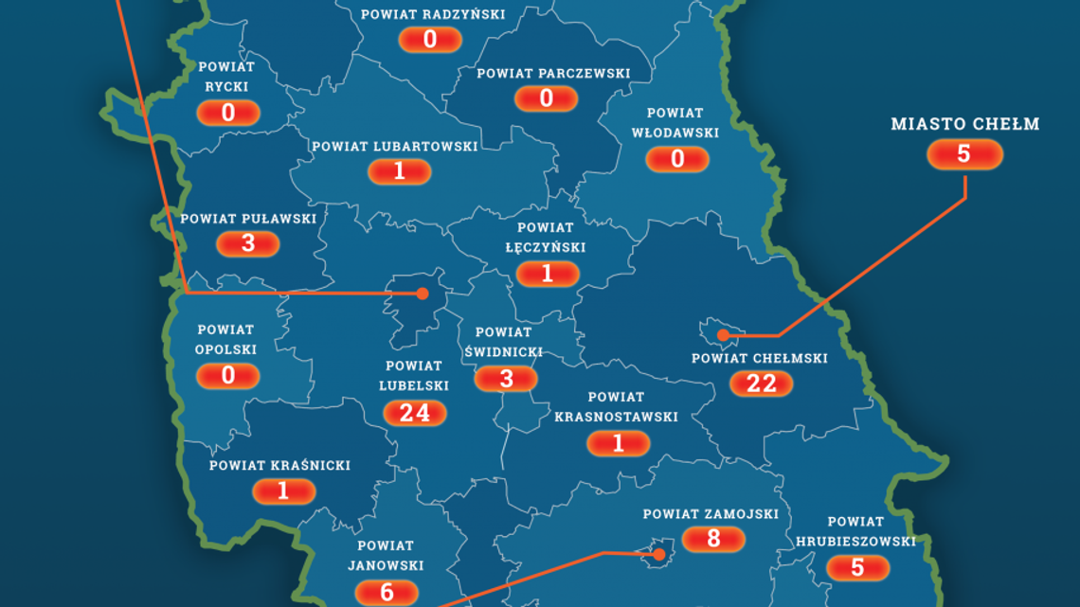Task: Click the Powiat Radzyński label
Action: point(433,14)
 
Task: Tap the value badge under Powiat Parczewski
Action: point(547,98)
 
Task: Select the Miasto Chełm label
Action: point(965,124)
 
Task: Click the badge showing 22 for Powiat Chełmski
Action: point(762,384)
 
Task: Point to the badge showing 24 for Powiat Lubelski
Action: point(415,412)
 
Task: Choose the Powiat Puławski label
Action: point(248,219)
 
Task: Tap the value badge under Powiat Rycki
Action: point(228,114)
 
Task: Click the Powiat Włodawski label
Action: point(675,123)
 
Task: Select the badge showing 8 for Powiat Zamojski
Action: point(713,539)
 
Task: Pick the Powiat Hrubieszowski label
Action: point(855,531)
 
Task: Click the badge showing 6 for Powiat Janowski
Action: point(387,592)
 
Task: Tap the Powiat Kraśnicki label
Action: point(279,465)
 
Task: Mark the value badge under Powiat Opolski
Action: point(227,376)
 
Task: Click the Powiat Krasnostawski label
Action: point(616,406)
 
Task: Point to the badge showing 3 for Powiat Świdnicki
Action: point(506,379)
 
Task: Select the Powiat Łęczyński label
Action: point(546,237)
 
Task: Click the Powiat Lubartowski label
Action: point(395,147)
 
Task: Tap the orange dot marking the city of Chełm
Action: point(723,334)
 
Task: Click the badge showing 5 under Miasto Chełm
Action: point(964,154)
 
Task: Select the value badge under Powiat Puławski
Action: point(248,244)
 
